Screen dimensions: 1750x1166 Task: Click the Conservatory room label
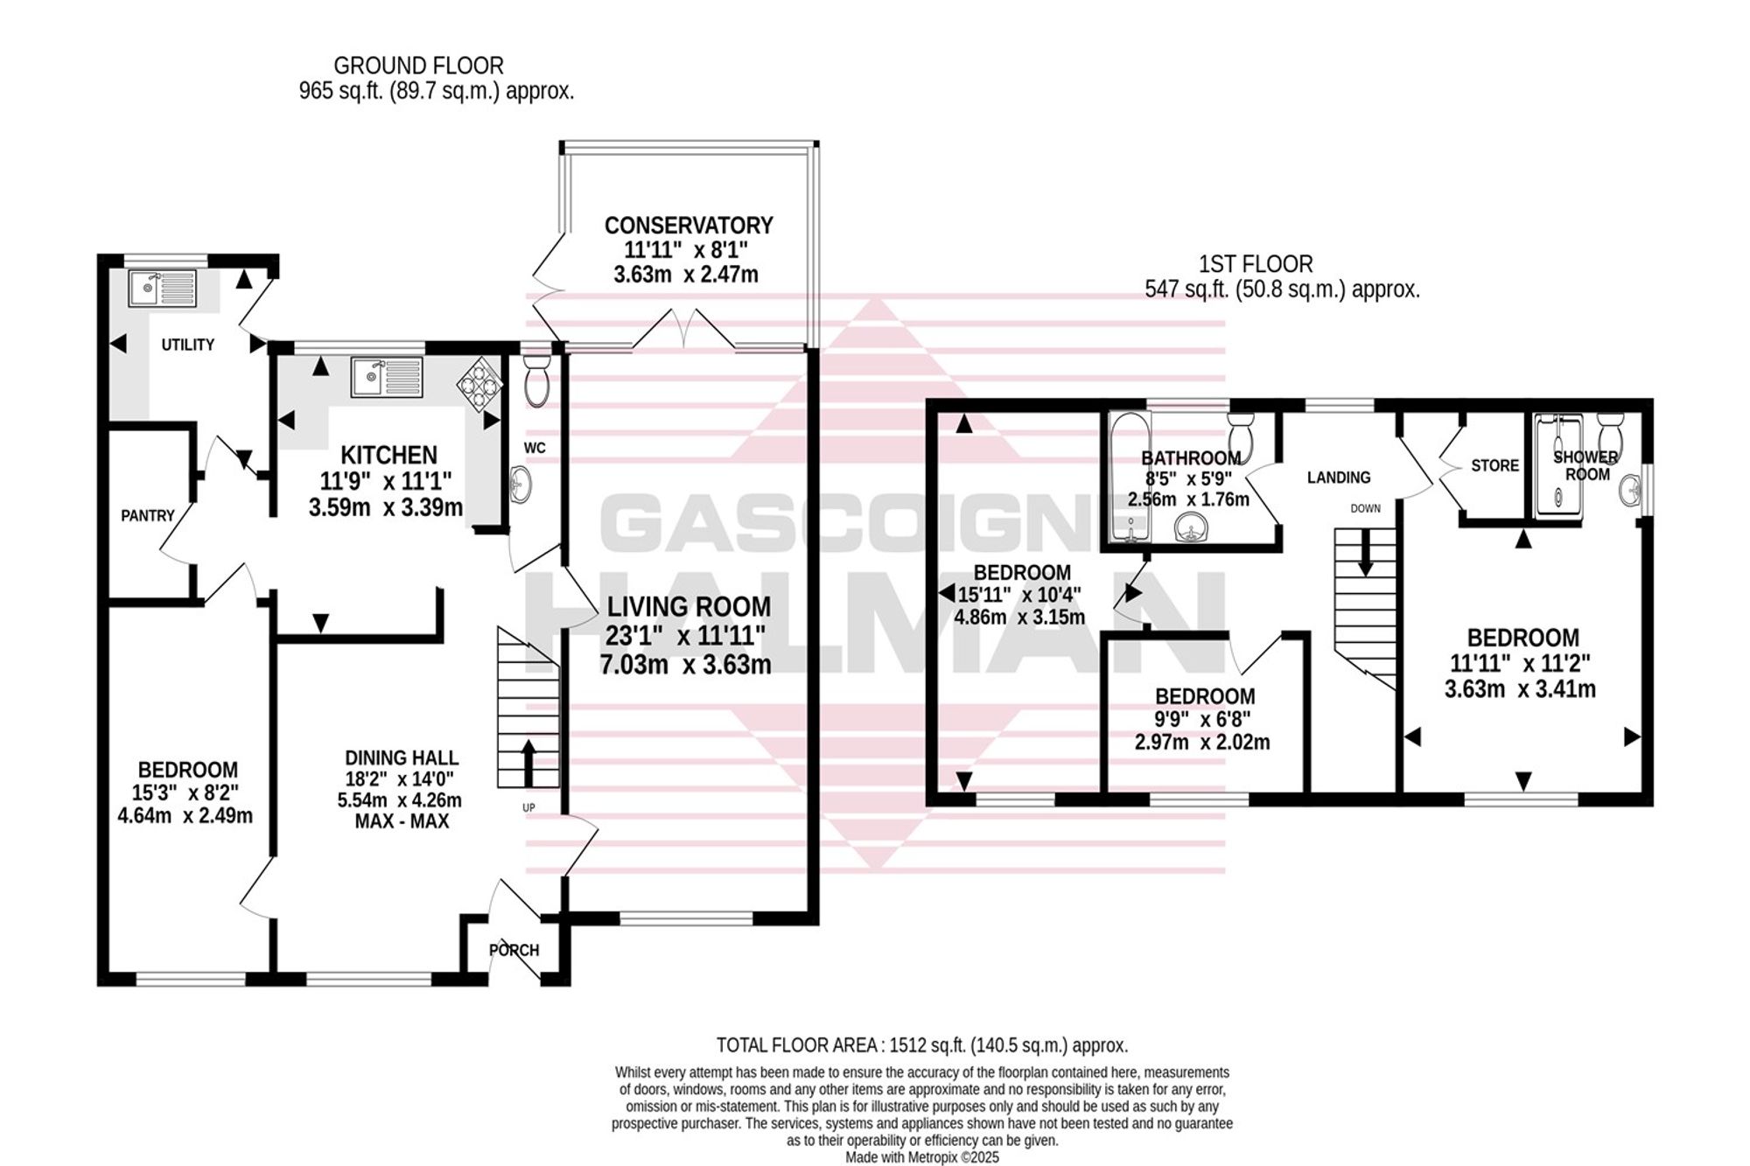(689, 226)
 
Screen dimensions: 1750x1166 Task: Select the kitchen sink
(387, 377)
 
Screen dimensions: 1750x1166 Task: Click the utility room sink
(163, 288)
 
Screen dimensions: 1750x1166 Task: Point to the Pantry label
(148, 516)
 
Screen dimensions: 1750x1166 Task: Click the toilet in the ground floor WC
(535, 381)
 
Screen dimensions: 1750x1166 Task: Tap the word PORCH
(514, 950)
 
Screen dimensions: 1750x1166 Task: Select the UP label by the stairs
(528, 808)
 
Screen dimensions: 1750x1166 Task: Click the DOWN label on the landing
(1365, 508)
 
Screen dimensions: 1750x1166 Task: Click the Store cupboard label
(1494, 465)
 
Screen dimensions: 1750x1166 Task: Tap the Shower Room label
(1586, 465)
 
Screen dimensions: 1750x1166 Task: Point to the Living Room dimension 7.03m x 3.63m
(686, 665)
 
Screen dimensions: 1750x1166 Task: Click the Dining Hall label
(402, 758)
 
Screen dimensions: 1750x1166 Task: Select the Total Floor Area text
(922, 1045)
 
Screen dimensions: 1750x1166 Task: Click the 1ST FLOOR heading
(1256, 263)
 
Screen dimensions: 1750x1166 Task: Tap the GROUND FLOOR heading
(419, 66)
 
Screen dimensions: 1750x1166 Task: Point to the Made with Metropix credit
(922, 1157)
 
